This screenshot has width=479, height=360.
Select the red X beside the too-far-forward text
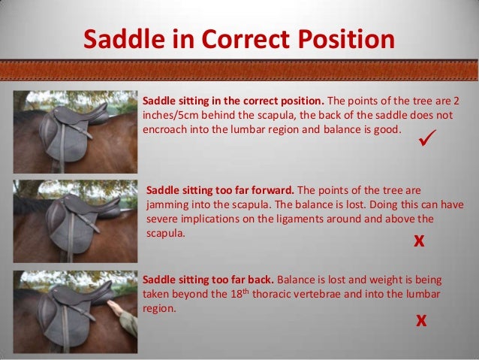coord(420,241)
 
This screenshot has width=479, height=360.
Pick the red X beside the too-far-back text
coord(421,321)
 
